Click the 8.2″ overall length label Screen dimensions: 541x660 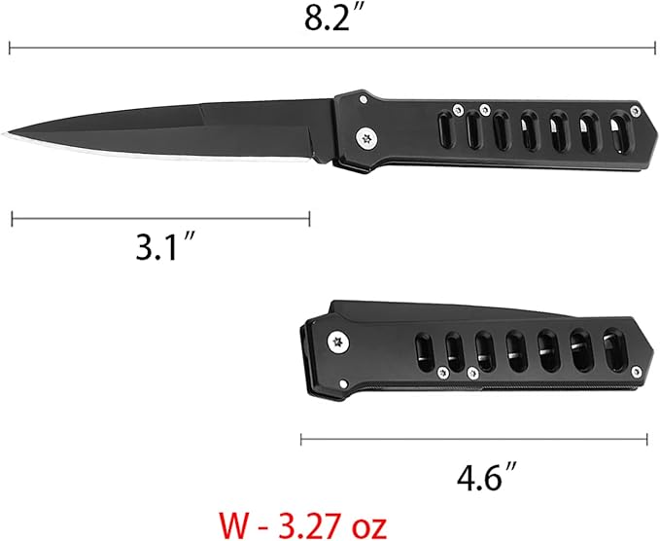(330, 18)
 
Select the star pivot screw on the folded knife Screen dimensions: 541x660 (337, 341)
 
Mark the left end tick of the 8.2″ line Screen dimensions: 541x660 (10, 47)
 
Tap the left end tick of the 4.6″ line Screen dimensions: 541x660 (301, 439)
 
